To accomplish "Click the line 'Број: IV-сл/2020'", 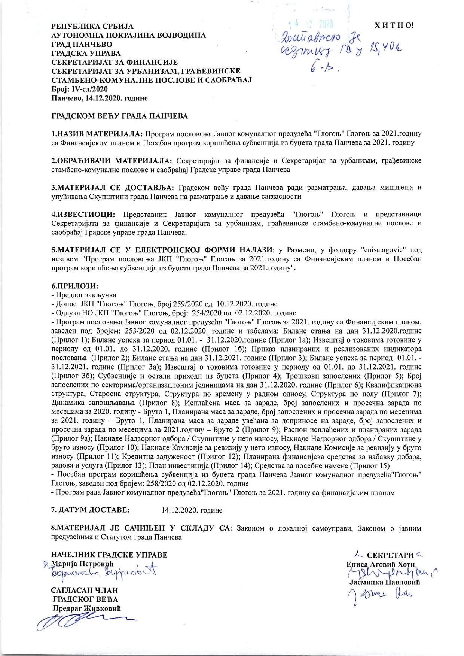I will click(x=79, y=89).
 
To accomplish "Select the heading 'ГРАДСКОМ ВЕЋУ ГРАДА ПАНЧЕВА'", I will click(x=119, y=116).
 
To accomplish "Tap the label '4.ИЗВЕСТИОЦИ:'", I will click(x=83, y=214).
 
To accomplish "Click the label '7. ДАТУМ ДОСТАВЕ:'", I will click(x=90, y=510).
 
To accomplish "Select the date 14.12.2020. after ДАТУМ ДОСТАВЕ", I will click(x=192, y=510).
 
